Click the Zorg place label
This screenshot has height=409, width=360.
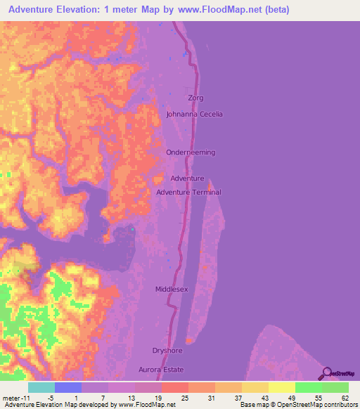point(195,98)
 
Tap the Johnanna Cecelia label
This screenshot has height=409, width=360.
point(195,114)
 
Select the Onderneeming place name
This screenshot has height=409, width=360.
point(191,152)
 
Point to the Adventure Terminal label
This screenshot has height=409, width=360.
point(188,192)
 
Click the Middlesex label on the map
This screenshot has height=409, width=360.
point(172,289)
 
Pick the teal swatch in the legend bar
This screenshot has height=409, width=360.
point(41,387)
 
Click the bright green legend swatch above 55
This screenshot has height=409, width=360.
point(309,387)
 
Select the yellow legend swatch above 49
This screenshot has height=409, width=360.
point(282,387)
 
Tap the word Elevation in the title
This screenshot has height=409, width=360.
point(86,11)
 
